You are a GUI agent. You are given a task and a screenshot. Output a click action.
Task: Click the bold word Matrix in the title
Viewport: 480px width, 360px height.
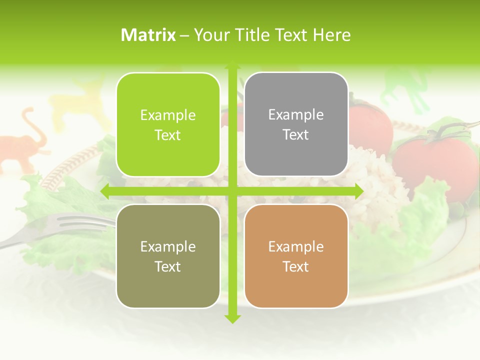tap(148, 35)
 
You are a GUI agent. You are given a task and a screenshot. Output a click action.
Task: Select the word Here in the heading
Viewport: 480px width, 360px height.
tap(331, 35)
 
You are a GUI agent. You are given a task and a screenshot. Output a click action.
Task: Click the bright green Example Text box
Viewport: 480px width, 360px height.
tap(168, 124)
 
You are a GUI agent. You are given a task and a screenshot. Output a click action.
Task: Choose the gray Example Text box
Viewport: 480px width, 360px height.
tap(296, 124)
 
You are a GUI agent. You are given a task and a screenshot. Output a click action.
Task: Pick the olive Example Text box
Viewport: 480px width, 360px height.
tap(168, 256)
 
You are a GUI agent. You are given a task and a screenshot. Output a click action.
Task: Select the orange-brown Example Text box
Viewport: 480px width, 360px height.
tap(296, 256)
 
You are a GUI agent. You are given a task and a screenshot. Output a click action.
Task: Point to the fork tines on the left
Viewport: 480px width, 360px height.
tap(75, 222)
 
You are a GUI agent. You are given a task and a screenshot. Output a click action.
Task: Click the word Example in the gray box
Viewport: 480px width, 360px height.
tap(296, 115)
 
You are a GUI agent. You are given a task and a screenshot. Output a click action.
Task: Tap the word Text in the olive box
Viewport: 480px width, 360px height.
tap(168, 266)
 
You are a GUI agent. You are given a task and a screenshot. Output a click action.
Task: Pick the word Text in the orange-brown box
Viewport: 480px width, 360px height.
tap(296, 266)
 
